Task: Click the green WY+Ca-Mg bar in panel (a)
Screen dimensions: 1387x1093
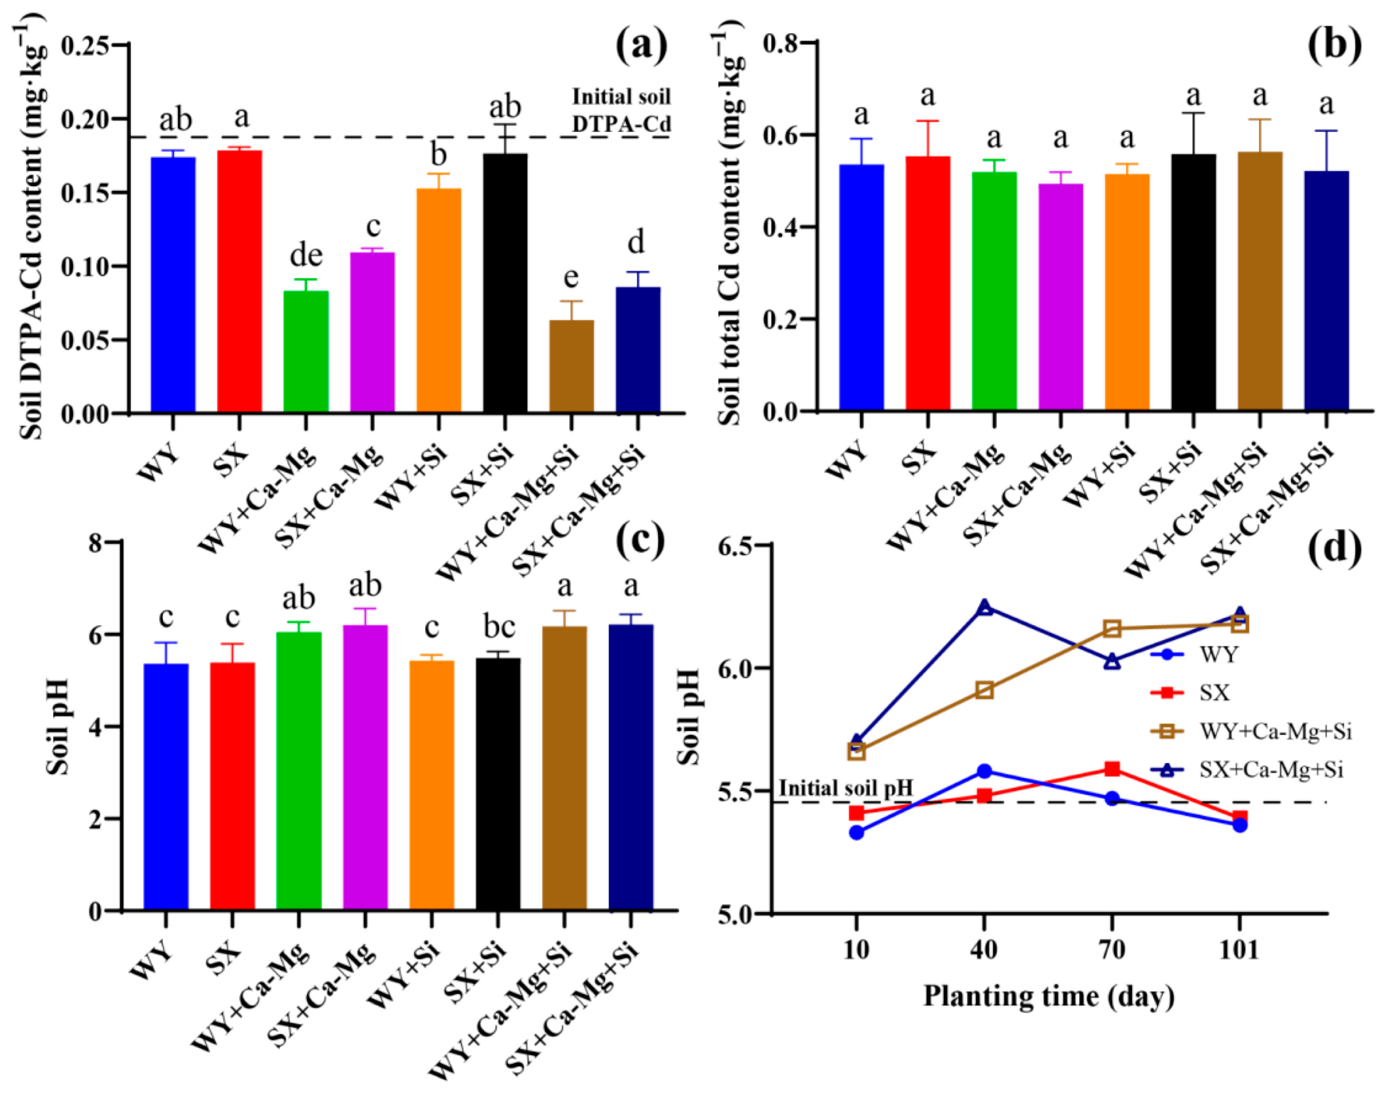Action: (306, 351)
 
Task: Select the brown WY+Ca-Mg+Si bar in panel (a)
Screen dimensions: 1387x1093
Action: (571, 366)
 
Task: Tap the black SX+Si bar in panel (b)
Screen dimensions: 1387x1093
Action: (1194, 282)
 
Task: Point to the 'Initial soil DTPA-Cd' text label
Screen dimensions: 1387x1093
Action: (621, 110)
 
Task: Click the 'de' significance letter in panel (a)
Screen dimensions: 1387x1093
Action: (306, 255)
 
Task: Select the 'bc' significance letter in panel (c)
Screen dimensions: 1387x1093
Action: (499, 628)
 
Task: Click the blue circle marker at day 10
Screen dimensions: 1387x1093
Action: (857, 833)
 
